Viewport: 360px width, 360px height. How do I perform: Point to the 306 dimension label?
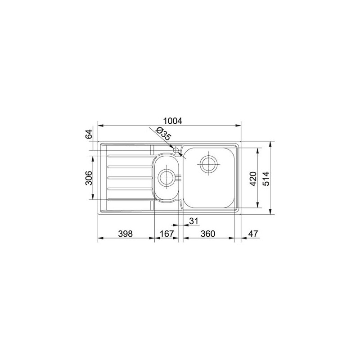pos(89,178)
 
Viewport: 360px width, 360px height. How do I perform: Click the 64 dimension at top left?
pos(89,134)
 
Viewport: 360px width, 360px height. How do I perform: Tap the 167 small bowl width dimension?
pos(166,234)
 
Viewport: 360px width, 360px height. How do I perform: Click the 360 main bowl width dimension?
pos(207,234)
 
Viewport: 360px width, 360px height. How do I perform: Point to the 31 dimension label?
pos(194,220)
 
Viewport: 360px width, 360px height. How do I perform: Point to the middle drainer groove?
pos(128,177)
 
